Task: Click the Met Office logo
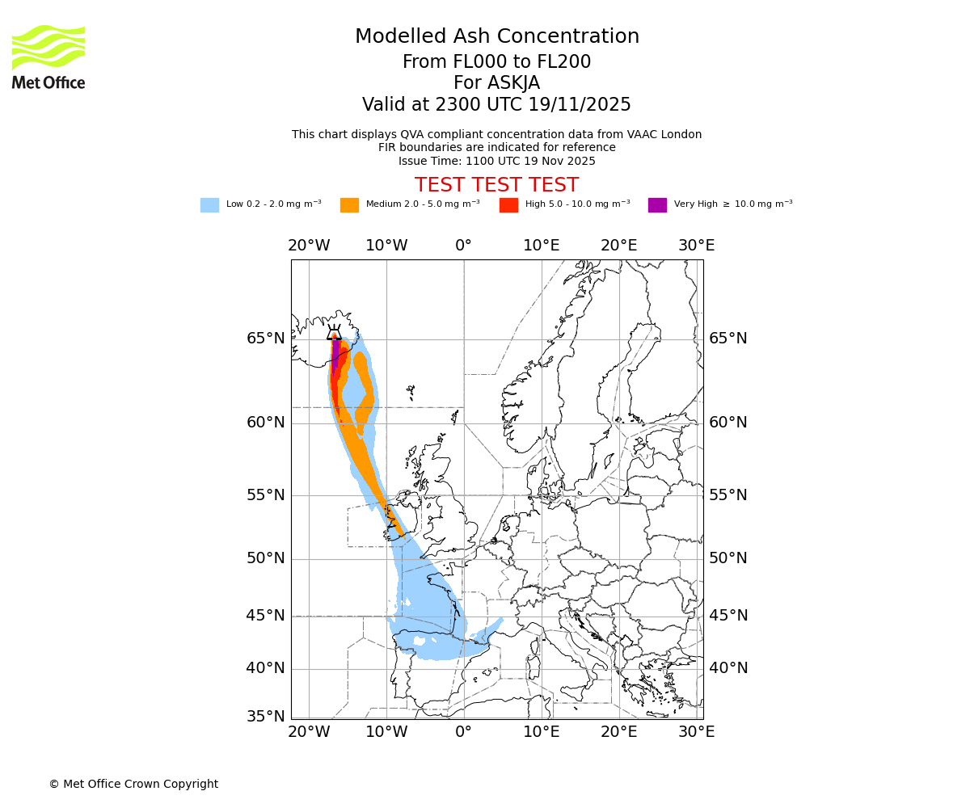[x=48, y=57]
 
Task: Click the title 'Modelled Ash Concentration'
[x=496, y=37]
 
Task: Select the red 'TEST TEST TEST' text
[x=496, y=185]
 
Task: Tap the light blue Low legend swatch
[x=209, y=205]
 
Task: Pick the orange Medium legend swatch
[x=349, y=205]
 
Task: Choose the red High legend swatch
[x=508, y=205]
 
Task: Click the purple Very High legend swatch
[x=657, y=205]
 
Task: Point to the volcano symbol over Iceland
[x=334, y=331]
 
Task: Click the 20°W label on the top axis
[x=309, y=246]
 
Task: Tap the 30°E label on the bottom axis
[x=696, y=732]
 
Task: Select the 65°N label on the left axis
[x=265, y=339]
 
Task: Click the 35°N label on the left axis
[x=265, y=717]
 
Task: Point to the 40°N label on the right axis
[x=728, y=668]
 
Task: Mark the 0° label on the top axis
[x=463, y=246]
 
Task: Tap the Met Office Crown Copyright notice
[x=133, y=784]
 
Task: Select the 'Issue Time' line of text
[x=496, y=161]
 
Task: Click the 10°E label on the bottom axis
[x=541, y=732]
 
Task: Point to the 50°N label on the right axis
[x=728, y=558]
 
